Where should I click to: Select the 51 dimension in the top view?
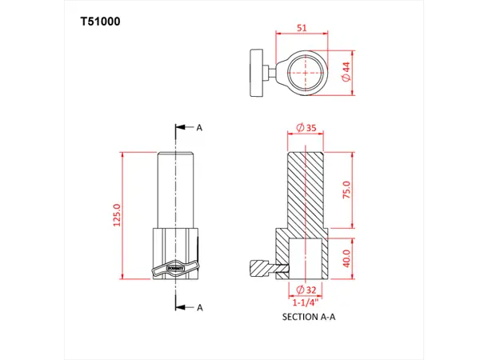[x=301, y=27]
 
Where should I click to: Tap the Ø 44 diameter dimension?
[x=345, y=73]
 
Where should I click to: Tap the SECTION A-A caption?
[x=309, y=317]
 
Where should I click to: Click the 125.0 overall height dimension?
[x=117, y=214]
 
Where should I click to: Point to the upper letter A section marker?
[x=200, y=128]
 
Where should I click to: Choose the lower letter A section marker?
[x=200, y=306]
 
